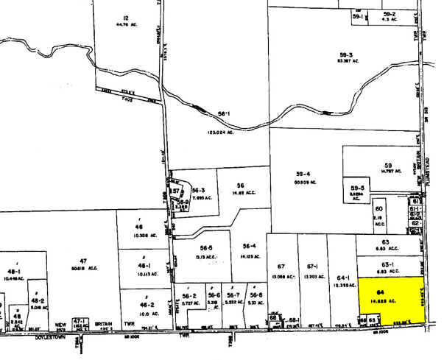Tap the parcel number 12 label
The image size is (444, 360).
click(126, 17)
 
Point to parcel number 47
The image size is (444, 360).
click(83, 261)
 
